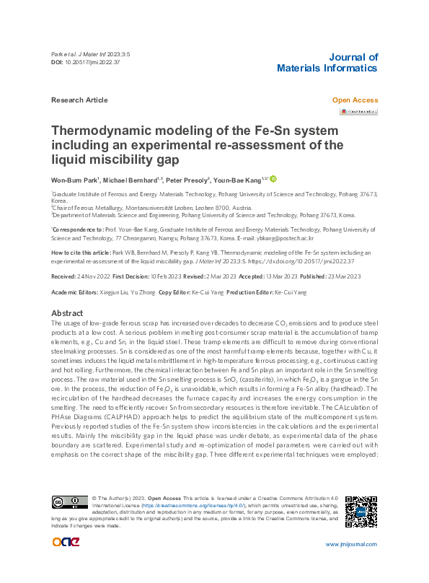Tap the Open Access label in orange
(355, 100)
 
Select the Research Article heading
(80, 100)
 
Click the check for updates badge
(358, 112)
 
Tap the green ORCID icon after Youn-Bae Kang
(273, 179)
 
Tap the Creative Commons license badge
(68, 502)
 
